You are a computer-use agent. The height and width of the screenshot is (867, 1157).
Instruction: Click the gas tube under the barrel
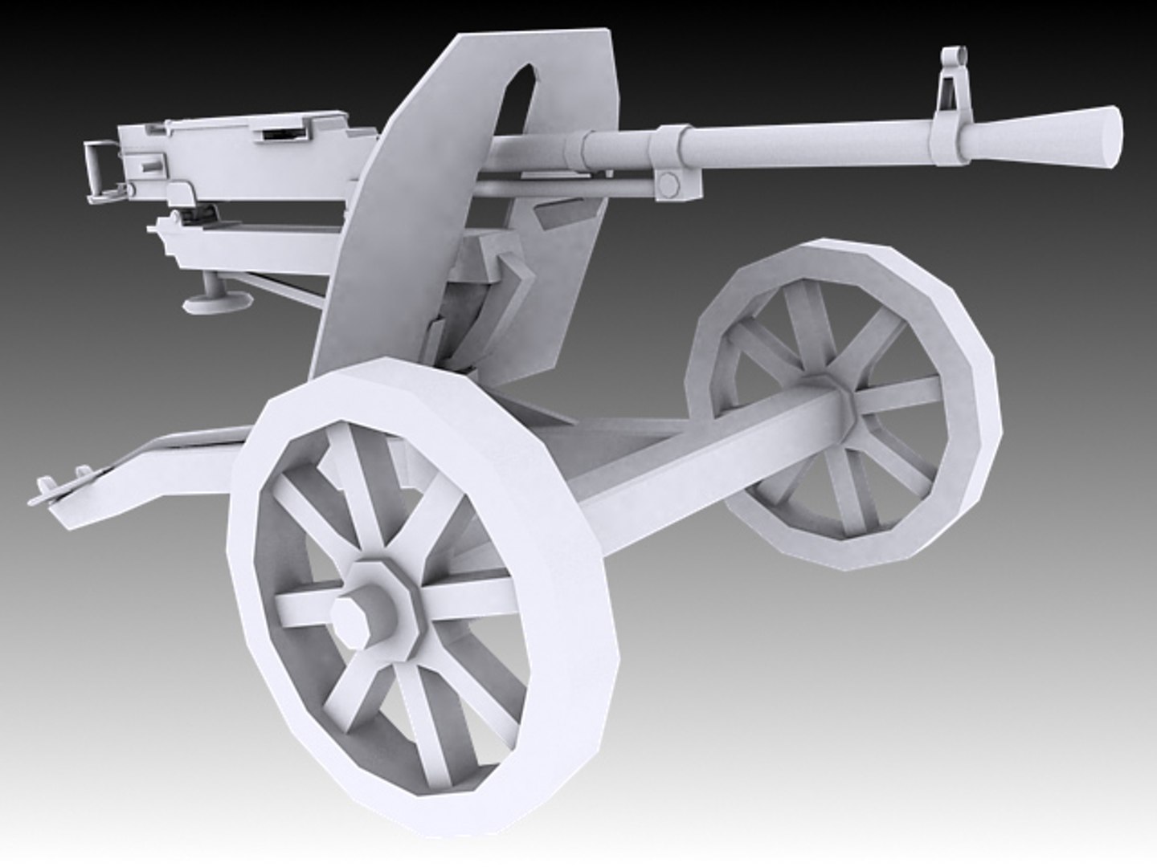click(x=562, y=189)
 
